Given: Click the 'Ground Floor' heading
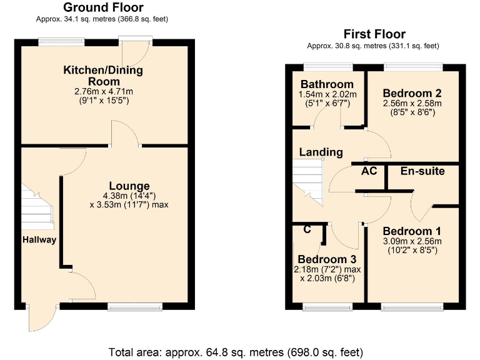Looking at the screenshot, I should click(103, 8).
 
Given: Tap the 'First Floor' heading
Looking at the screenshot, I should click(374, 34).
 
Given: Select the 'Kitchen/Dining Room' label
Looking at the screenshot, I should click(103, 76).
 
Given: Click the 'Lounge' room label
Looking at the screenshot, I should click(129, 186).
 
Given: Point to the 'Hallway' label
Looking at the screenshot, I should click(39, 240).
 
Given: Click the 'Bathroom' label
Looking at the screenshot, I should click(327, 84).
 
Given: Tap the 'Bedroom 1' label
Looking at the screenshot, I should click(412, 230).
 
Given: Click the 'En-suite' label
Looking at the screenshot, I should click(422, 171).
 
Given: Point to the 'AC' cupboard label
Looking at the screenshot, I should click(369, 171).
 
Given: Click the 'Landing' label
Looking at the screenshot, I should click(321, 152).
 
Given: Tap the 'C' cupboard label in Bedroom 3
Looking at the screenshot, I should click(307, 229).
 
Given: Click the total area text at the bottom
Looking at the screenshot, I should click(235, 351).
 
